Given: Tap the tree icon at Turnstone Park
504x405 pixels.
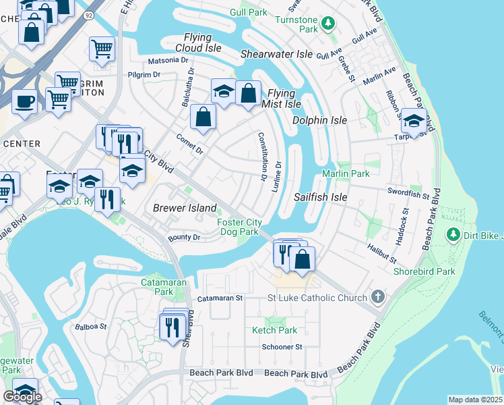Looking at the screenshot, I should [327, 24].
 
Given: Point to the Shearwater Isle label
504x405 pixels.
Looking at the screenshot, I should [277, 53].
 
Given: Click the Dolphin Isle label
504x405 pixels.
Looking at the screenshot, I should [319, 120].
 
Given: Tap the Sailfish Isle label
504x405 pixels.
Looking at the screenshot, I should [321, 197].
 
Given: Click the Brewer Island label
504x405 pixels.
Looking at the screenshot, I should [185, 208].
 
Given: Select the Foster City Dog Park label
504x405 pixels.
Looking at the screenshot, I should [239, 227].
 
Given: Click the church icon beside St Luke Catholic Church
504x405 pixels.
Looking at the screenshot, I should [378, 297].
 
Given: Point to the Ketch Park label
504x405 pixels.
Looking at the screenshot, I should [274, 330].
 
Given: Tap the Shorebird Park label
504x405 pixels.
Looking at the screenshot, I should [424, 271].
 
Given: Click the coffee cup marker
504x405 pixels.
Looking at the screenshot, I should [25, 101].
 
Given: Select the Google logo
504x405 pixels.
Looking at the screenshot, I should [22, 397].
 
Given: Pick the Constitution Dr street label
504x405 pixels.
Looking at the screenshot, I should [261, 156].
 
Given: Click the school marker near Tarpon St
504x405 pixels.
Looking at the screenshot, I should [414, 121].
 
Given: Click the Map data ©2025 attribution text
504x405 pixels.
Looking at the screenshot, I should [475, 400].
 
